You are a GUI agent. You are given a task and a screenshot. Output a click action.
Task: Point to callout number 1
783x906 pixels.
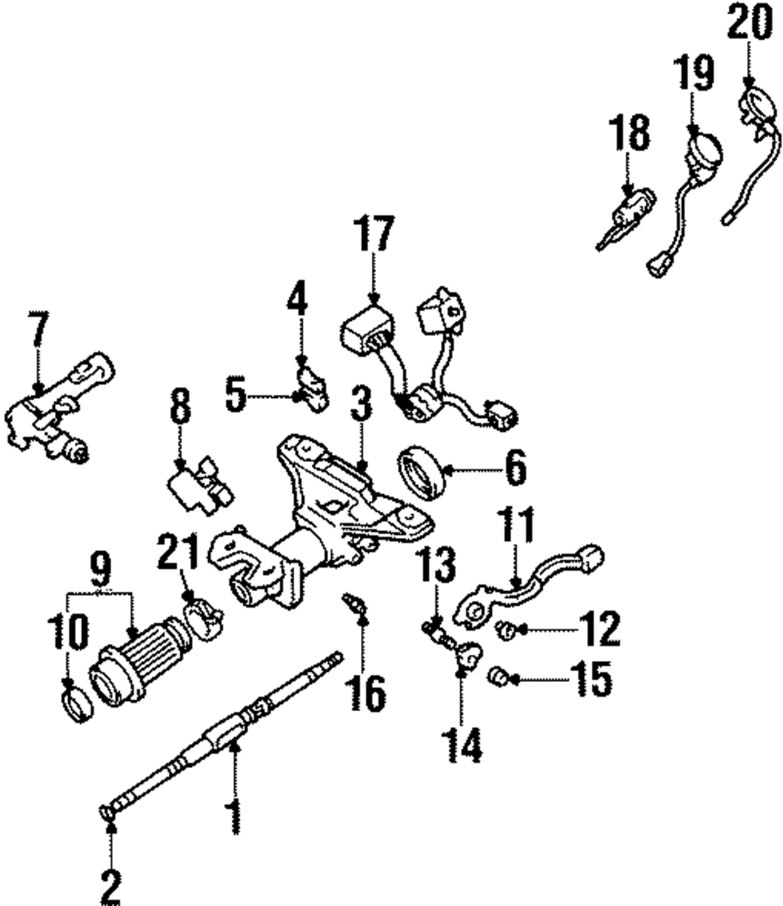tap(233, 814)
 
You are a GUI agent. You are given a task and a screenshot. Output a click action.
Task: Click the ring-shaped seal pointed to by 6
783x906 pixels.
tap(423, 473)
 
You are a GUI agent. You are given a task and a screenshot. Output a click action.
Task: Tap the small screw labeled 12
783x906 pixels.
tap(507, 627)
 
